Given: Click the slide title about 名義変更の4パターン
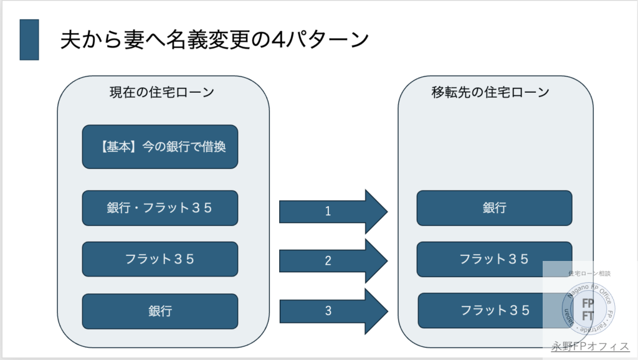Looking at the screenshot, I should tap(214, 39).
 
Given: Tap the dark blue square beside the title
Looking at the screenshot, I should tap(29, 40).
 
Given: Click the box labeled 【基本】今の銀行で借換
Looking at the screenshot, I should tap(160, 147).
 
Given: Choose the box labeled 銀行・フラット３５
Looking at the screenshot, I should tap(160, 208).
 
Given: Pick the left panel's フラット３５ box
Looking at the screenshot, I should tap(160, 259).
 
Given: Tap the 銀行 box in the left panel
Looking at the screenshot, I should tap(160, 311).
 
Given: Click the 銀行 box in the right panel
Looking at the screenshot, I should tap(494, 208).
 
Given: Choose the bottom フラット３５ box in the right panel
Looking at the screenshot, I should tap(480, 310).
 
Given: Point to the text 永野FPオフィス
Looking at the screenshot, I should tap(590, 347).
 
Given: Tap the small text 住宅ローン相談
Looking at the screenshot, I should tap(589, 273).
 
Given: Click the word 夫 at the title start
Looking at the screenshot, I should tap(69, 39).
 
